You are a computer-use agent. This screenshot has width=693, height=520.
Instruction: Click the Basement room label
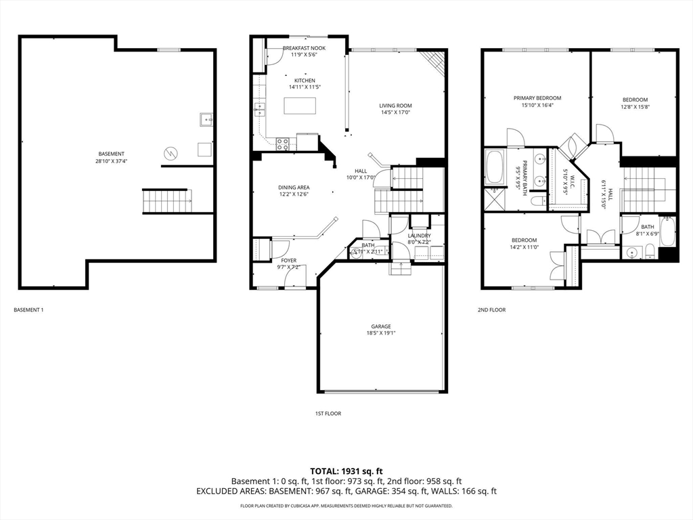tap(111, 154)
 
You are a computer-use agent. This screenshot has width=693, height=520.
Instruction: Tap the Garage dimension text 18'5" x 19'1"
tap(380, 333)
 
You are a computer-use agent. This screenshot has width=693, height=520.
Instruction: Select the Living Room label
tap(395, 106)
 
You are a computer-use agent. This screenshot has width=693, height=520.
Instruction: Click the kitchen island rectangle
tap(300, 106)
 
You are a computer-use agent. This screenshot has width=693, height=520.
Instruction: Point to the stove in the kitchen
tap(283, 144)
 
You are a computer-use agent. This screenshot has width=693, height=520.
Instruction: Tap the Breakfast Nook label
tap(304, 48)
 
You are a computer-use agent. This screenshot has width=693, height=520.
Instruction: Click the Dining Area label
tap(294, 188)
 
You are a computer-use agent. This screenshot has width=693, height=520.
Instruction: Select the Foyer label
tap(289, 260)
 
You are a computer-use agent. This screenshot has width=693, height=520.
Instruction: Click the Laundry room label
tap(419, 236)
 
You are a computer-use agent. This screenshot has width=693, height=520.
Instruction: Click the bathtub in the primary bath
tap(493, 167)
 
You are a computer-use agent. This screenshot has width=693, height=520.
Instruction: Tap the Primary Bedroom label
tap(537, 98)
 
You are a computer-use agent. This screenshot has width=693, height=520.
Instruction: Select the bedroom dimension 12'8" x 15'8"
tap(635, 107)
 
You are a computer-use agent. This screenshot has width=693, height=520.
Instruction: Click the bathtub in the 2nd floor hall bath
tap(668, 232)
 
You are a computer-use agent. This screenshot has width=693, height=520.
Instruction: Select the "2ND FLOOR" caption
tap(491, 309)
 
